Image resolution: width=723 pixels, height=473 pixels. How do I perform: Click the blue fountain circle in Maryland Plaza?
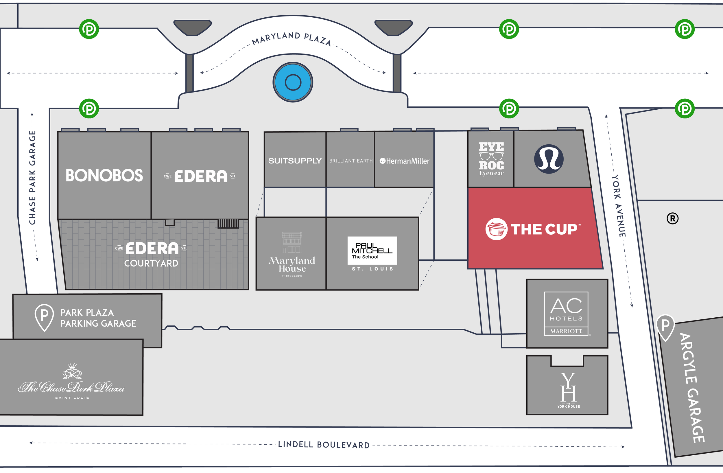click(x=293, y=82)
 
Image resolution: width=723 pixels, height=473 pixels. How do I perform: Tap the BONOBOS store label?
click(x=104, y=176)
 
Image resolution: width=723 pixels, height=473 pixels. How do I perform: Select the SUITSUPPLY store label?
click(x=295, y=161)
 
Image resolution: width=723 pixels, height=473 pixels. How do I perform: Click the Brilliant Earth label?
click(x=351, y=161)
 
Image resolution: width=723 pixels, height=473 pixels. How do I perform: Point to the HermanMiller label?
click(x=405, y=161)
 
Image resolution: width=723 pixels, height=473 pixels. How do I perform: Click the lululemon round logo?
click(x=549, y=159)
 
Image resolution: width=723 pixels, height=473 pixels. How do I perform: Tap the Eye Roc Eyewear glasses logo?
click(x=491, y=156)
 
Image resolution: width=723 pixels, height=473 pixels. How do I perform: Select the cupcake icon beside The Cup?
click(x=496, y=229)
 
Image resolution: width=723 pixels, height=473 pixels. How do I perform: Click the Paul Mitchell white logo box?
click(x=372, y=250)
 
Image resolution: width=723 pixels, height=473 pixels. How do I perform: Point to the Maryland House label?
click(x=292, y=264)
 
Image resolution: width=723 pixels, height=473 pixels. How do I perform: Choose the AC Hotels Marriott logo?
click(x=566, y=314)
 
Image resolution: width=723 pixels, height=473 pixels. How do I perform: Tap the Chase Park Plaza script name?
click(x=72, y=387)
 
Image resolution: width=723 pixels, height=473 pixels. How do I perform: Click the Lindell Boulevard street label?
click(x=324, y=445)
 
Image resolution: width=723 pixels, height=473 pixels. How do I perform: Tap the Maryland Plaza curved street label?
click(x=291, y=38)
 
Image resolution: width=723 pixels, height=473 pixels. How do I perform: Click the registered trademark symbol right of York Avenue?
click(x=672, y=218)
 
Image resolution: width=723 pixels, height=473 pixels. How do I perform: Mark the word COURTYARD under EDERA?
click(x=151, y=263)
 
